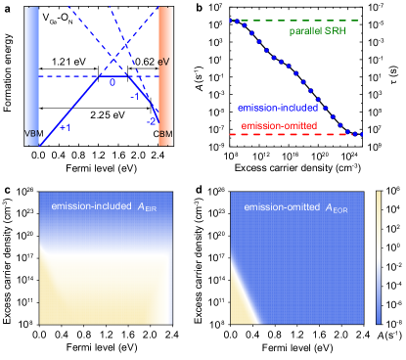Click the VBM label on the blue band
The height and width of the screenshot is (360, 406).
[32, 133]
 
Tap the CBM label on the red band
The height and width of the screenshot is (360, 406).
[165, 133]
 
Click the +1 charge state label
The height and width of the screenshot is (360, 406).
[66, 127]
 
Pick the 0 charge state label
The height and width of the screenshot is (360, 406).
[112, 83]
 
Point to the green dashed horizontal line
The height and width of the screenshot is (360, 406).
[293, 21]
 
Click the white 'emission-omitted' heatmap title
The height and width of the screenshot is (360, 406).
[283, 206]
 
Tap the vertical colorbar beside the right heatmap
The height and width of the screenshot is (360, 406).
[379, 256]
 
